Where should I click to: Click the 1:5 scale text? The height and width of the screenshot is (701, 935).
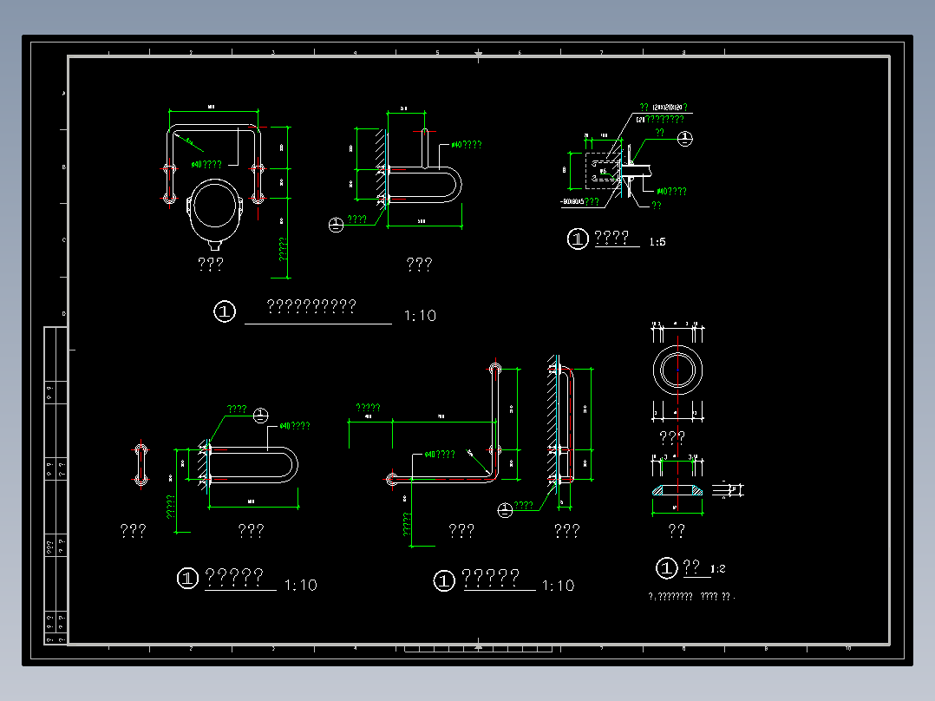coord(657,242)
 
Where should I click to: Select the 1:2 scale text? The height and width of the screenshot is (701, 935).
coord(717,569)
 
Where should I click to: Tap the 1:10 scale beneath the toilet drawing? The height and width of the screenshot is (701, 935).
coord(420,316)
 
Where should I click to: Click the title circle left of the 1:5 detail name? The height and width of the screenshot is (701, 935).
coord(578,239)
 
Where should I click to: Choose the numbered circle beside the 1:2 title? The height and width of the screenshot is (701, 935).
coord(666,568)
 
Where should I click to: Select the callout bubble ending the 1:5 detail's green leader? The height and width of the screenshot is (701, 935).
coord(685,138)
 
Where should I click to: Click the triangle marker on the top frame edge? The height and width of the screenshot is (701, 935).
coord(478,56)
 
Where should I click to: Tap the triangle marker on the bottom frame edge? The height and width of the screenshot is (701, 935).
coord(478,645)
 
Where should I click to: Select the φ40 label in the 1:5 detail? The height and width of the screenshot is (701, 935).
coord(671,192)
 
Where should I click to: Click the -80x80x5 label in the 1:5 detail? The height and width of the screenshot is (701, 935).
coord(579,202)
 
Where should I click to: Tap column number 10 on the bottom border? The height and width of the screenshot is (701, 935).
coord(847,648)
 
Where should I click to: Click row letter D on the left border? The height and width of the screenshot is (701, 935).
coord(63,313)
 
